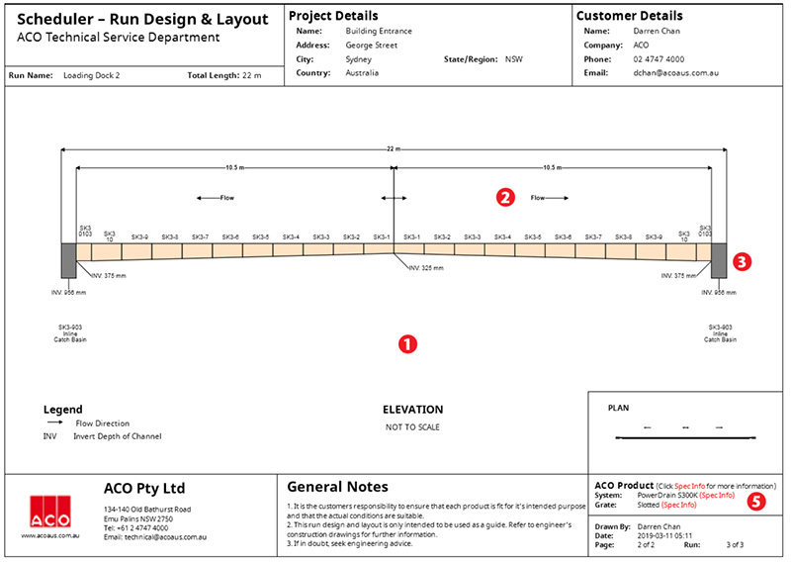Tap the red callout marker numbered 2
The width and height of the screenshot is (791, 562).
(x=505, y=197)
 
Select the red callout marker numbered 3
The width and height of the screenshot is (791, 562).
(x=744, y=262)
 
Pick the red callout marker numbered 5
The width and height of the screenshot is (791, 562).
(x=756, y=502)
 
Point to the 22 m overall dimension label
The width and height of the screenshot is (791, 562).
(x=395, y=148)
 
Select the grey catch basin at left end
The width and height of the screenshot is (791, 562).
(x=68, y=261)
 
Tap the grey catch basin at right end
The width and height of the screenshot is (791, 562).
(x=719, y=261)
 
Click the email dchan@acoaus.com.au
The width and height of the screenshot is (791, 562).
(x=675, y=72)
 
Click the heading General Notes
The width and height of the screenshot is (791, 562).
(x=337, y=487)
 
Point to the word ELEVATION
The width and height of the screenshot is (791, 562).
(x=412, y=410)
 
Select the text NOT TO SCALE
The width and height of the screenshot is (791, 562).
(x=412, y=426)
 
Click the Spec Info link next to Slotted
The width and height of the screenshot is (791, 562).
(x=678, y=505)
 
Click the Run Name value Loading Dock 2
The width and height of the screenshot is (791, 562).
(x=92, y=75)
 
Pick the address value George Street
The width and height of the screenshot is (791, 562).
(x=372, y=45)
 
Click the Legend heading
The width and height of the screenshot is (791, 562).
(x=62, y=410)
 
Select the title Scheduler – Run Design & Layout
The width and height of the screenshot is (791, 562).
(x=142, y=20)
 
